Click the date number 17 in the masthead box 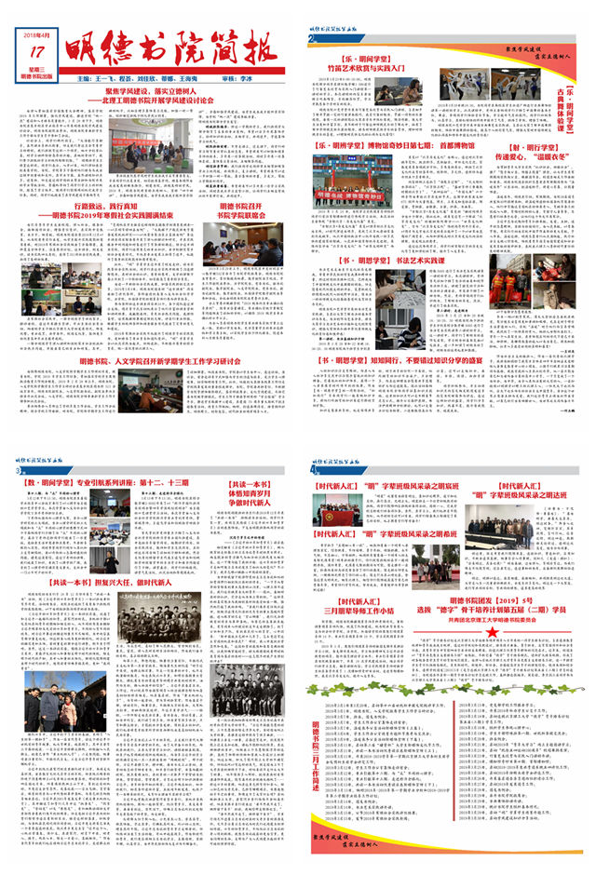pos(36,52)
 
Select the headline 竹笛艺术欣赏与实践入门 pos(371,68)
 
